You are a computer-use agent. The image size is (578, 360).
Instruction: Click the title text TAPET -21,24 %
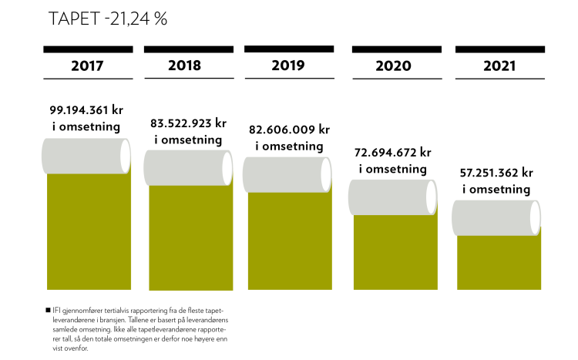(x=107, y=19)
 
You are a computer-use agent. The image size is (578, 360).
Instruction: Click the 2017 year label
(x=87, y=66)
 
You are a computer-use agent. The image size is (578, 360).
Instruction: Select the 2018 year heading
(x=184, y=66)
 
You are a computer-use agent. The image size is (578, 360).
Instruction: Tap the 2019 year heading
(x=288, y=65)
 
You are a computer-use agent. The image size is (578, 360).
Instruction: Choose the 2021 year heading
(x=499, y=66)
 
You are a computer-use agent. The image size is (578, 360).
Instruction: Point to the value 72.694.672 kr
(x=393, y=153)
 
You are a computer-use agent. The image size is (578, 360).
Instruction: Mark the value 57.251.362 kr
(x=497, y=173)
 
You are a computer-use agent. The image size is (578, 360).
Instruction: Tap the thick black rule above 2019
(x=289, y=49)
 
